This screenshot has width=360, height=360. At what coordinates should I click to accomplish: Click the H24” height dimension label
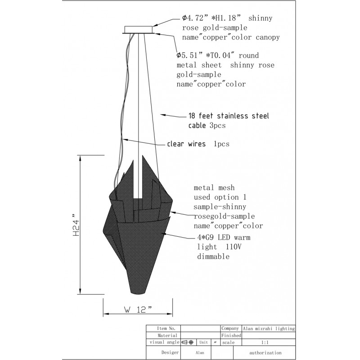coord(76,225)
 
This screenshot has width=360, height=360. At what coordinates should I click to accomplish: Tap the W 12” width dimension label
coord(138,310)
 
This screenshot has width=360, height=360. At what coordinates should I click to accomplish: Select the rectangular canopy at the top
coord(139,30)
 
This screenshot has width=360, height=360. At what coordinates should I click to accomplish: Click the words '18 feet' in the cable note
coord(201,116)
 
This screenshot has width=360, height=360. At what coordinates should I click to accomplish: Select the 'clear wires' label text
coord(186,144)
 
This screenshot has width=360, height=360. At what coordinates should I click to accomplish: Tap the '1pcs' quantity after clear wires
coord(221,144)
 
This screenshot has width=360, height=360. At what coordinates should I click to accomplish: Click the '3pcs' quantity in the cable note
coord(218,126)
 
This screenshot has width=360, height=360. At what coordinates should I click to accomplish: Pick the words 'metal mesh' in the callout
coord(214,188)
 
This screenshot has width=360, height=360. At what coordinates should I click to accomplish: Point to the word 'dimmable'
coord(213,256)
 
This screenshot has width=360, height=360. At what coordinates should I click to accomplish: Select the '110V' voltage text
coord(234,247)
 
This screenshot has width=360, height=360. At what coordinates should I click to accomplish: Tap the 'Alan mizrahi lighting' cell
coord(269,328)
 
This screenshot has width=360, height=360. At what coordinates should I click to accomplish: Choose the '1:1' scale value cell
coord(265,342)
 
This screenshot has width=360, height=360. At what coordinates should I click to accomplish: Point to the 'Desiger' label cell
coord(170,352)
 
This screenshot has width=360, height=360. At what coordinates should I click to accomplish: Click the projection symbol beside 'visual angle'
coord(187,342)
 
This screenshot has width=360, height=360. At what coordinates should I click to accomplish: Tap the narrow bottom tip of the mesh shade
coord(137,292)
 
